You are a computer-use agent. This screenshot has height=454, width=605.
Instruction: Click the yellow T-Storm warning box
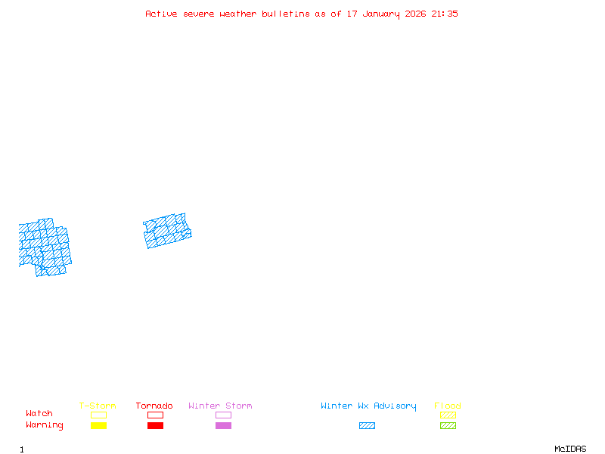[x=98, y=426]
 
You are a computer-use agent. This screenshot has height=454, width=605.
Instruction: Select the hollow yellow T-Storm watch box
[x=98, y=415]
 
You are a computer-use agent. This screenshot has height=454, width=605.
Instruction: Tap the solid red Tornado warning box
[x=155, y=426]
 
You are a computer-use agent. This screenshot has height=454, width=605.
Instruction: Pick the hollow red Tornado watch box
[x=155, y=415]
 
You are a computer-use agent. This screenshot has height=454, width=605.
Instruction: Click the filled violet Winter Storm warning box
[x=223, y=426]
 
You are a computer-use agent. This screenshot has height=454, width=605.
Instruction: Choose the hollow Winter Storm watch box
[x=223, y=415]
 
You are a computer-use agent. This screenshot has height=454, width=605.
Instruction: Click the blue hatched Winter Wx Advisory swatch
[x=367, y=426]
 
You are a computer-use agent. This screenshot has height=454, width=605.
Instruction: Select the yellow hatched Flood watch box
[x=448, y=415]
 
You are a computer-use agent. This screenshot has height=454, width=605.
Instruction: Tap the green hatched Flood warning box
[x=448, y=426]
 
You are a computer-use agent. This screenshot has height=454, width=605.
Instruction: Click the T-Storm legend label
[x=98, y=406]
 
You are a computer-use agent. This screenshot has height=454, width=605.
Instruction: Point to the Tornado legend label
[x=154, y=406]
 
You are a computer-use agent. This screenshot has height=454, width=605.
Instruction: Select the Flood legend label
[x=448, y=406]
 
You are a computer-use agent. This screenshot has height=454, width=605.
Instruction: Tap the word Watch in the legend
[x=39, y=414]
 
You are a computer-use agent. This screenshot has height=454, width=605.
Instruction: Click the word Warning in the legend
[x=45, y=425]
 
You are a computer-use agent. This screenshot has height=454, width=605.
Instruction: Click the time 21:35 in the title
[x=445, y=14]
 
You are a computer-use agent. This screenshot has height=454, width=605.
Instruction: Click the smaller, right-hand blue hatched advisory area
[x=167, y=231]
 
